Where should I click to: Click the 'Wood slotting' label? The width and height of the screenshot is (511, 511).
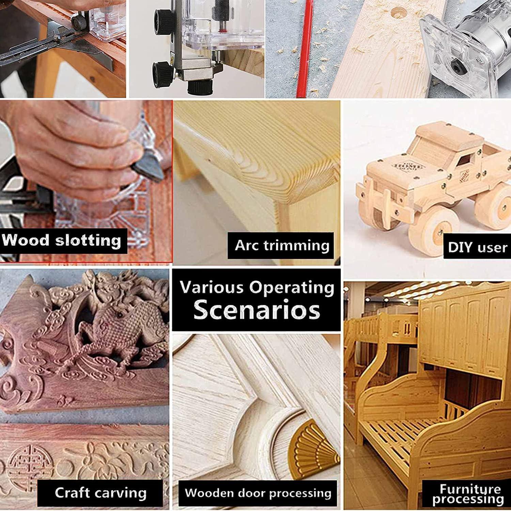click(61, 240)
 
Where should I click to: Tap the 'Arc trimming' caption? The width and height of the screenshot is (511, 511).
click(282, 245)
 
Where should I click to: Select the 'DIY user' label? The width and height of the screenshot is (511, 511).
click(478, 247)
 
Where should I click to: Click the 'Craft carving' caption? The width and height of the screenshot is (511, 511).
click(100, 493)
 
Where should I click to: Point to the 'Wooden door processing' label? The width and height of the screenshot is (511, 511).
click(258, 493)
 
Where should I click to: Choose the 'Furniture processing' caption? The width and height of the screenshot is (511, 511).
click(468, 494)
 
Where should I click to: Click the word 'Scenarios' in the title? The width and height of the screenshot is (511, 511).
click(257, 310)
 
